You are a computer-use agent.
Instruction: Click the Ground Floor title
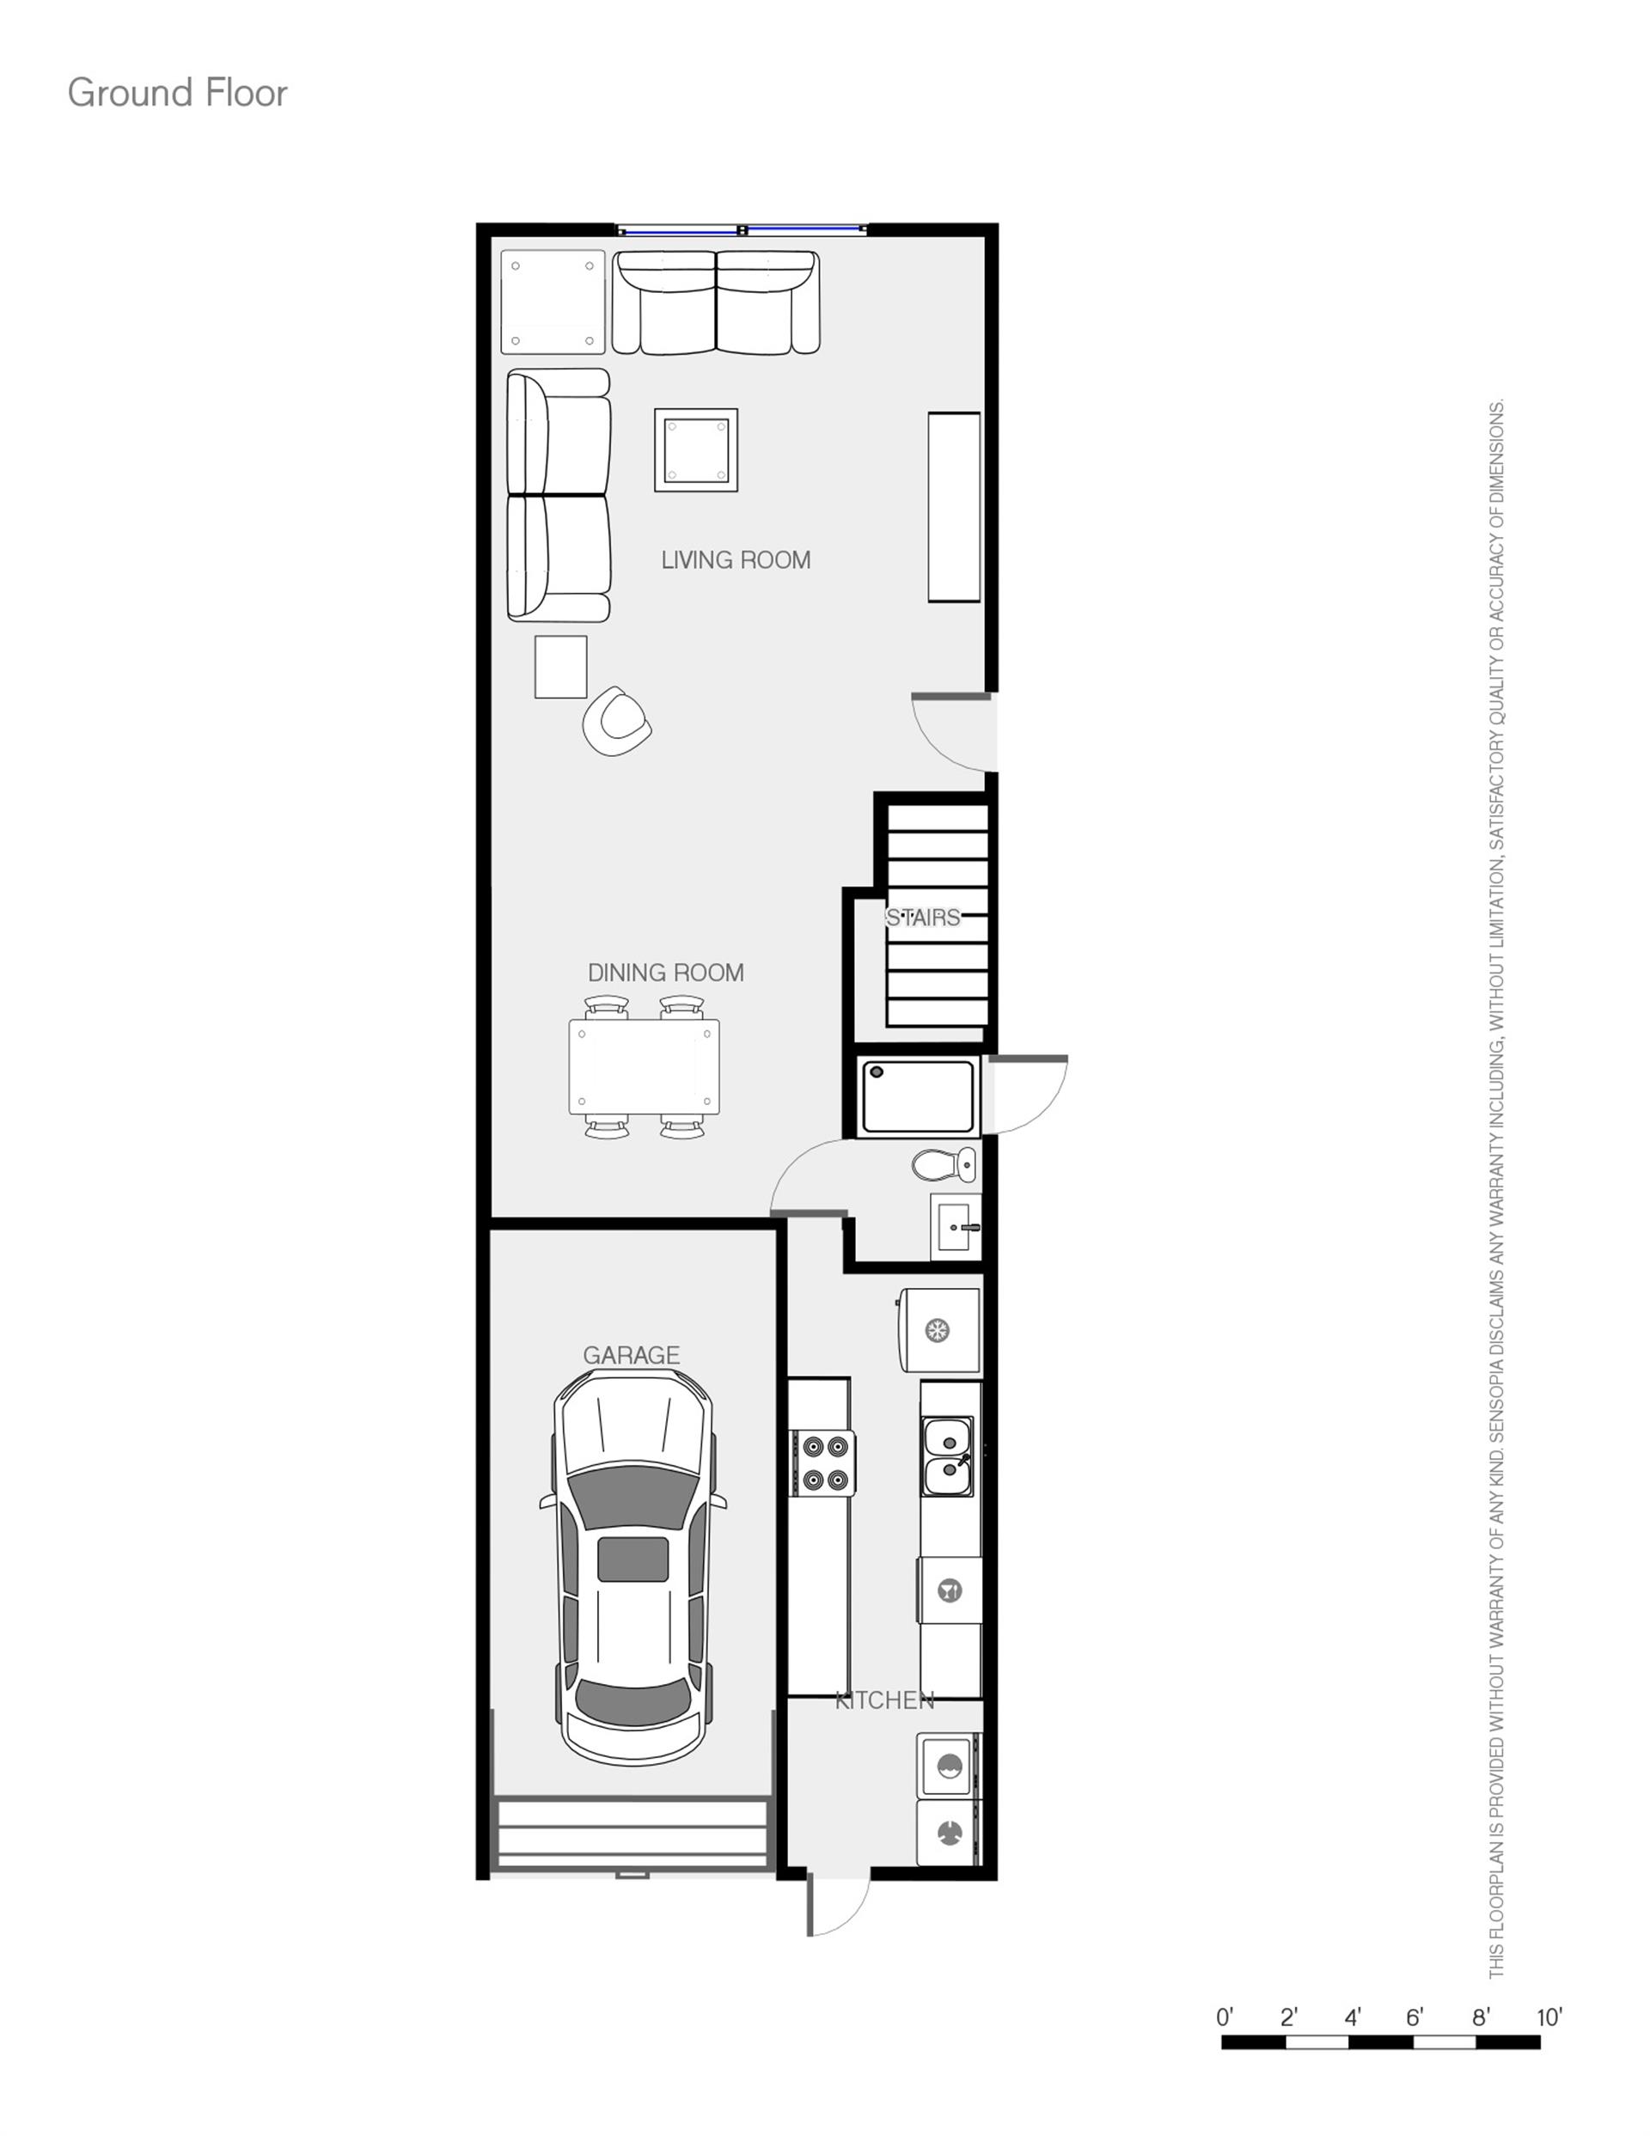point(177,93)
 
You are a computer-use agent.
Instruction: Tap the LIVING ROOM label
point(736,560)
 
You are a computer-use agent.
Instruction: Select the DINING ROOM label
point(665,972)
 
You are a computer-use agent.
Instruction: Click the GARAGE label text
point(631,1355)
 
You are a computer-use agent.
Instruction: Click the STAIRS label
point(922,918)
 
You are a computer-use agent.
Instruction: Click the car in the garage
point(633,1565)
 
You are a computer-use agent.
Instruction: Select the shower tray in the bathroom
point(919,1096)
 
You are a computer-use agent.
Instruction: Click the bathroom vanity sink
point(955,1226)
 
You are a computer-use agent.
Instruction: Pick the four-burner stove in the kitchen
point(823,1463)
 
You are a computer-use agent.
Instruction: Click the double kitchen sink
point(948,1456)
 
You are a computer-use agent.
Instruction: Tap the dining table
point(644,1067)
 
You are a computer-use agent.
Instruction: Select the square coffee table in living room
point(695,450)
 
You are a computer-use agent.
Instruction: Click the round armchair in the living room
point(616,721)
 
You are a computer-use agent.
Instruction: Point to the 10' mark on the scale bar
point(1549,2017)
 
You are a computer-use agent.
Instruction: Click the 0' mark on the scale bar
point(1225,2017)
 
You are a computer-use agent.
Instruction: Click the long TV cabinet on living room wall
point(954,507)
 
